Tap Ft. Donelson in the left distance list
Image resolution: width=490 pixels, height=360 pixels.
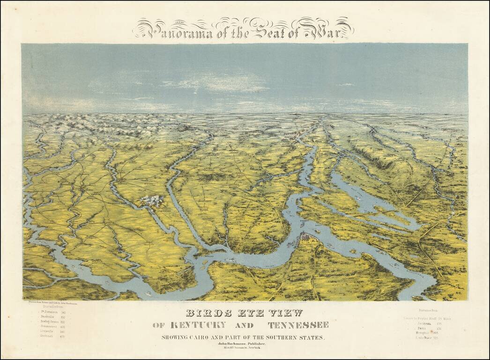tap(48, 312)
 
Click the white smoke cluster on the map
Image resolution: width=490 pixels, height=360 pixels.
tap(151, 201)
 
